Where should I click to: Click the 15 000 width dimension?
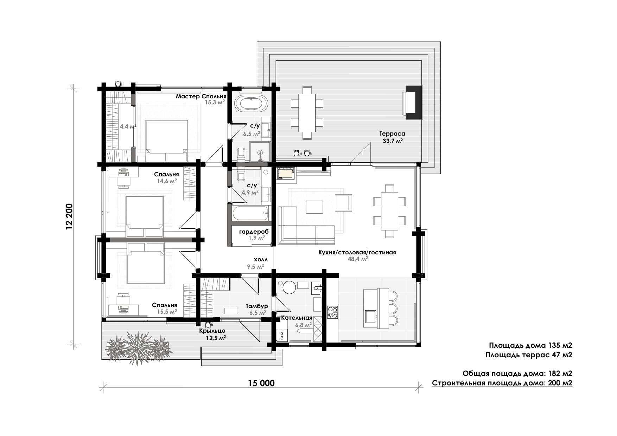click(261, 383)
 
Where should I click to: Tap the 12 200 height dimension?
click(69, 216)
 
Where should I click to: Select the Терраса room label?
click(392, 134)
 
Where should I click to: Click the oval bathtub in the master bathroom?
click(252, 104)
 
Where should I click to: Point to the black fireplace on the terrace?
click(413, 103)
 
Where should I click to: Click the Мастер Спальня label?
click(201, 96)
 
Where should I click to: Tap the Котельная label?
click(297, 318)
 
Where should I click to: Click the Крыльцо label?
click(212, 331)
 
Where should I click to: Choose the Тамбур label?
click(257, 306)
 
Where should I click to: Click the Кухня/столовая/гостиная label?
click(357, 252)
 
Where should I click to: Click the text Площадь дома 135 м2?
click(530, 345)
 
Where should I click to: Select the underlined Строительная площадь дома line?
click(502, 383)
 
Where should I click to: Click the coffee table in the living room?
click(314, 207)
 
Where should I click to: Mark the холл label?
click(261, 260)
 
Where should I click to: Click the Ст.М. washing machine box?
click(282, 336)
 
